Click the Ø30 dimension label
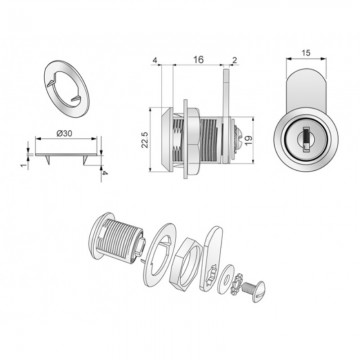64,133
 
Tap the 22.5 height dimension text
145,140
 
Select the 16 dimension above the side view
198,59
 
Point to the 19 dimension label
249,140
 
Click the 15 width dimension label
306,53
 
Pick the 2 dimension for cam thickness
234,60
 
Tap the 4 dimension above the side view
155,60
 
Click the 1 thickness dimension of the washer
23,165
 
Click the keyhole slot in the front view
306,139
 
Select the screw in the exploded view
254,289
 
